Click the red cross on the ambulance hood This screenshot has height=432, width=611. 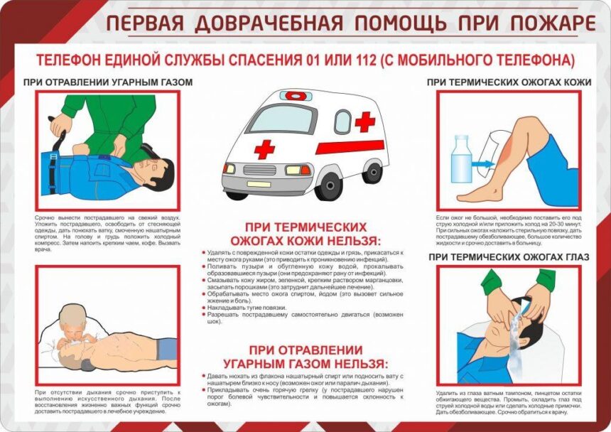(264, 148)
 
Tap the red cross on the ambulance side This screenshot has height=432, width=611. (365, 121)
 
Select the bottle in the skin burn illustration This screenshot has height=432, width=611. (461, 158)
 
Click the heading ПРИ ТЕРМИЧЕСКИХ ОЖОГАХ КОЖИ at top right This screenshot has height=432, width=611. (509, 82)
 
